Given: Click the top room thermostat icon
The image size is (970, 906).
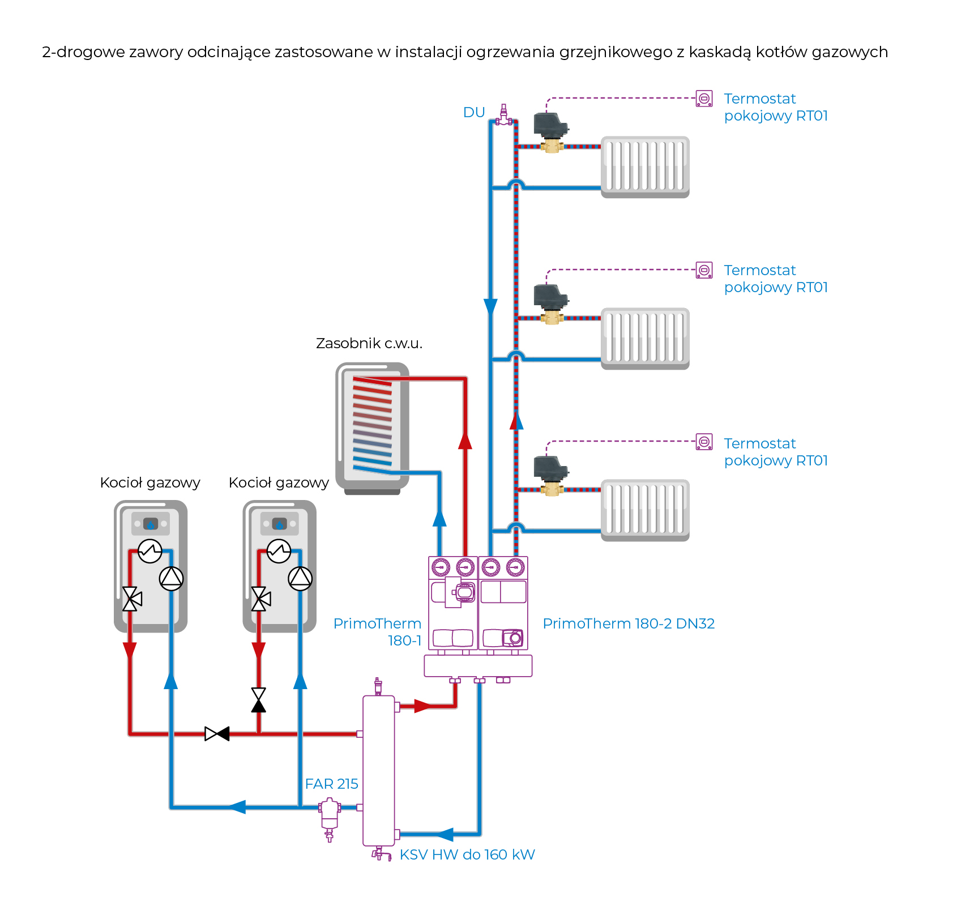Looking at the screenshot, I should (704, 99).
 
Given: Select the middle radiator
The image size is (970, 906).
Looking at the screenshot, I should (645, 338).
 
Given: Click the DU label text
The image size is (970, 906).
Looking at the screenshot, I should (474, 113).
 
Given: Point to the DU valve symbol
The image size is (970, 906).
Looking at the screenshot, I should (503, 116).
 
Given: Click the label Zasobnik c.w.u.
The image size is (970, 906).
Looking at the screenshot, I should (369, 344).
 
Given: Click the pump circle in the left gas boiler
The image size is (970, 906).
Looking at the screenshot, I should (171, 578).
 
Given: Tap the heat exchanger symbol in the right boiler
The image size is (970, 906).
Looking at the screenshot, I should (279, 550).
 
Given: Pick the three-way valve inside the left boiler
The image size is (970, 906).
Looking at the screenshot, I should (131, 599).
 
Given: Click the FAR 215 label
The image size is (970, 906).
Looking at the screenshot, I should (331, 784).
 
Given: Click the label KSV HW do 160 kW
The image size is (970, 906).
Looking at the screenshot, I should (467, 854).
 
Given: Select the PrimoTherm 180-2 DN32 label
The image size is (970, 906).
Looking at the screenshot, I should (629, 623).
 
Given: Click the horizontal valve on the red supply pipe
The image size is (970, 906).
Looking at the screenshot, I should (217, 734).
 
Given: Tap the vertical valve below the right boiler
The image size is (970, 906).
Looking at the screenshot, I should (259, 700).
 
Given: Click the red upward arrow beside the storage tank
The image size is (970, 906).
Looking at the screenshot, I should (465, 440).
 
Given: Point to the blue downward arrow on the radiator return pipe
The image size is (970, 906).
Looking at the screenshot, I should (490, 307).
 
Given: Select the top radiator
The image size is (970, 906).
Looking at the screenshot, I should (645, 166).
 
